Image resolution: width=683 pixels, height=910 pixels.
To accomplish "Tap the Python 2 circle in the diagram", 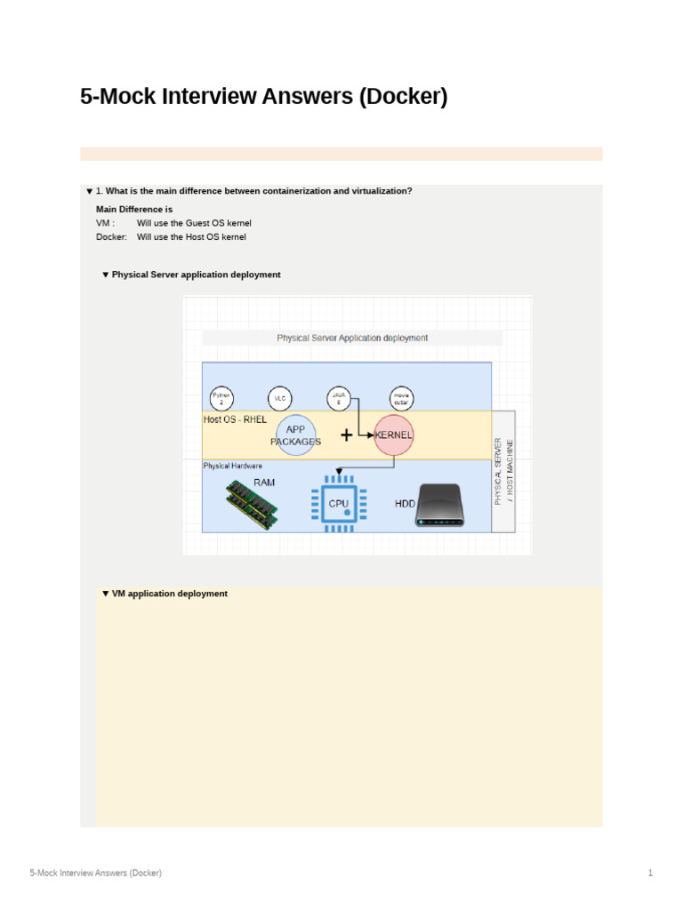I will point(221,399).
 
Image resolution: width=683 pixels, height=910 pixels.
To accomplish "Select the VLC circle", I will point(280,399).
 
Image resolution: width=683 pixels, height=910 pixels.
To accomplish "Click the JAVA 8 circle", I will point(338,399).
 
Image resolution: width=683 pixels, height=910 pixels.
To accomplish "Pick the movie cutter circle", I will point(401,399).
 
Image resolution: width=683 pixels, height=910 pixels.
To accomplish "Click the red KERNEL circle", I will point(394,435).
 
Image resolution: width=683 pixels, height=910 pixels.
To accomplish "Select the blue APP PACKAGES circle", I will point(295,435).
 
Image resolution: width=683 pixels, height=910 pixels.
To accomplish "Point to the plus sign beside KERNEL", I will point(346,435).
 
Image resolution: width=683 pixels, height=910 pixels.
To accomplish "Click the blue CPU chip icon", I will point(338,503).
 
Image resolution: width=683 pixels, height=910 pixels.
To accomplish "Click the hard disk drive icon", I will point(439,505).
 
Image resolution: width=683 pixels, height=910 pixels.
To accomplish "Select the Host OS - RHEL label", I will point(235,419).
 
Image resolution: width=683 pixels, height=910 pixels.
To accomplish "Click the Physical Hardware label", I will point(233,466).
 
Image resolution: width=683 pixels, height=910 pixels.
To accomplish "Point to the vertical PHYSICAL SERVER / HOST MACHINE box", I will point(503,471).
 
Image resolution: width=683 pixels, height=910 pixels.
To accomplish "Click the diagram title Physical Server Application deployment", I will point(352,338).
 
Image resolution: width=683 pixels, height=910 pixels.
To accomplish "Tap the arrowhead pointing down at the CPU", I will point(338,472).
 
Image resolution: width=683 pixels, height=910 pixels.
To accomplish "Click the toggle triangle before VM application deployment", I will point(105,594).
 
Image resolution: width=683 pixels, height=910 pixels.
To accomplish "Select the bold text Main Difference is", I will point(134,210).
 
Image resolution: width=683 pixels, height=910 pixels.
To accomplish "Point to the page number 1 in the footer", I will point(650,873).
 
